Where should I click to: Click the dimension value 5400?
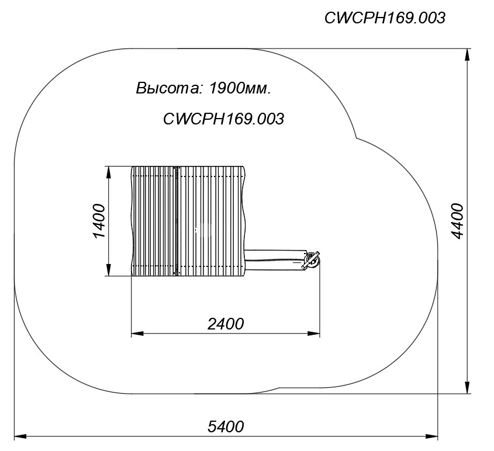coord(226,427)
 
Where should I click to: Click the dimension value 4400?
coord(457,221)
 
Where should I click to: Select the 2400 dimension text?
coord(226,324)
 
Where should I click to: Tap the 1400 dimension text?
coord(99,221)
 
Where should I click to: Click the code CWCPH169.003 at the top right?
coord(385,18)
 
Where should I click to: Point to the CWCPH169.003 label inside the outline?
coord(223,119)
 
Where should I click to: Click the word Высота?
coord(168,88)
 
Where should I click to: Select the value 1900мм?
coord(240,88)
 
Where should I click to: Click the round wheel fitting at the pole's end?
coord(311,261)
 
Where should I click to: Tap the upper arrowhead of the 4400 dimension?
coord(468,54)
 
